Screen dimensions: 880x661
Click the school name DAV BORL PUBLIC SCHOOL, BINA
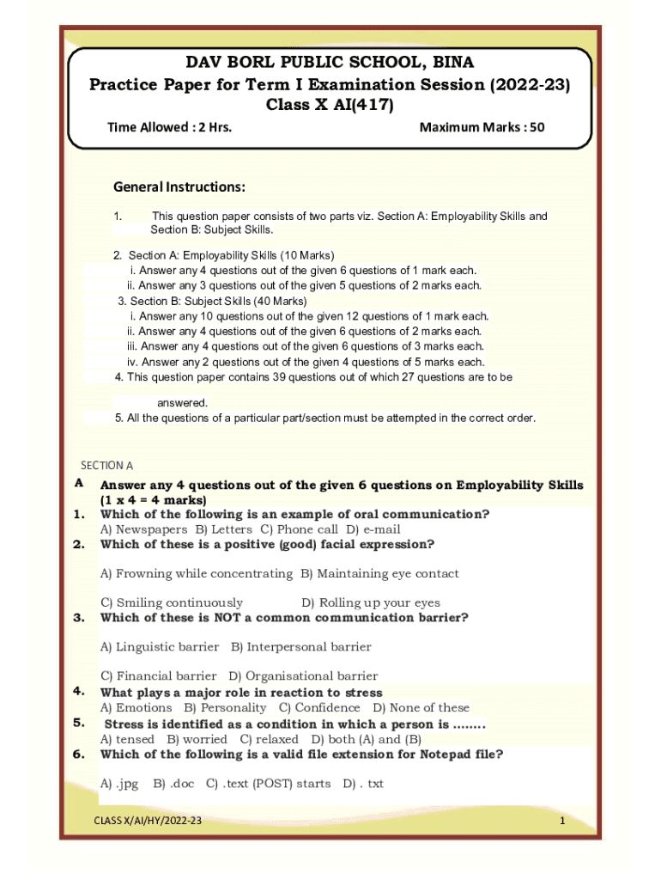(330, 63)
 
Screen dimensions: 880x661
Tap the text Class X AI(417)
(330, 106)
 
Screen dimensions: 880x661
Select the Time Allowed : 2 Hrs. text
(168, 128)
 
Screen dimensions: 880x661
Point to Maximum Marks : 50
(482, 128)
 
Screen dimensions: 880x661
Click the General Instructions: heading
(179, 187)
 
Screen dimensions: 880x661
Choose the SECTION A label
(106, 466)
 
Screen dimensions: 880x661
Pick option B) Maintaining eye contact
(379, 573)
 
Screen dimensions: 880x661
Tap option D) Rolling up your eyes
(371, 602)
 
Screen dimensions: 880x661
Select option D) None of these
(421, 707)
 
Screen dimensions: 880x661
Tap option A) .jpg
(119, 783)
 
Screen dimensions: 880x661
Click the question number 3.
(78, 617)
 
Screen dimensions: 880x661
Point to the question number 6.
(78, 755)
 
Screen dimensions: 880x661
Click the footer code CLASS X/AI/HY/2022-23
(148, 822)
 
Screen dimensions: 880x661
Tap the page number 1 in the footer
(561, 822)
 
